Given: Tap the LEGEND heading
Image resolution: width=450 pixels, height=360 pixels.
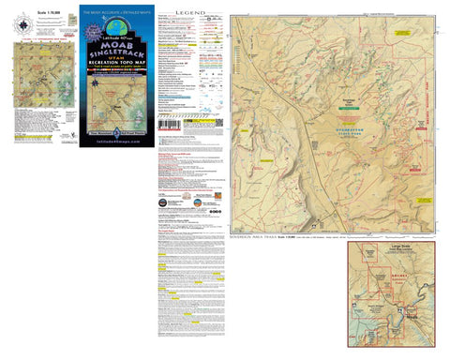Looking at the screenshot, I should tap(187, 12).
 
